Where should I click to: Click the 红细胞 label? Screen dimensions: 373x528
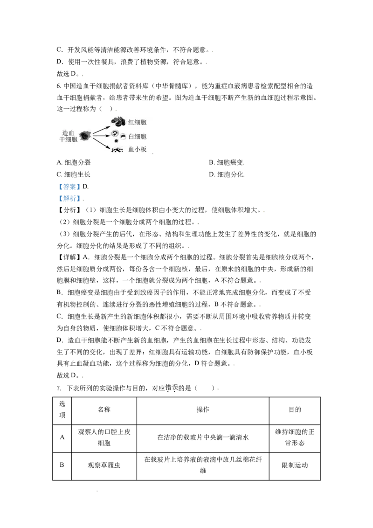(x=137, y=122)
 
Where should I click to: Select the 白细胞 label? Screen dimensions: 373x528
(x=137, y=137)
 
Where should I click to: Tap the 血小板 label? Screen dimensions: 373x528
(x=137, y=150)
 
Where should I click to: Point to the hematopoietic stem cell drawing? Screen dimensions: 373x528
(x=85, y=136)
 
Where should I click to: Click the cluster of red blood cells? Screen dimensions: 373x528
(x=118, y=122)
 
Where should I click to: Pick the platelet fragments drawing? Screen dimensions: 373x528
(x=117, y=150)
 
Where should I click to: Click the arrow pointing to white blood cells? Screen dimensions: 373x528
(x=101, y=136)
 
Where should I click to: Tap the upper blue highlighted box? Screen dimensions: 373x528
(x=69, y=187)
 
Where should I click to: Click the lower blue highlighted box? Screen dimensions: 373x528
(x=69, y=198)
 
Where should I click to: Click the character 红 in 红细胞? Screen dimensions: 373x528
(x=131, y=122)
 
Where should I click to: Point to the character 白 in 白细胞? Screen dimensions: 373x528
(x=131, y=137)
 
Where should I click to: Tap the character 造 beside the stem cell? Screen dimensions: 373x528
(x=65, y=133)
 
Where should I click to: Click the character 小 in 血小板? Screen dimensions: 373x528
(x=137, y=150)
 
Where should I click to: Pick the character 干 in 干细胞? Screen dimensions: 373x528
(x=62, y=139)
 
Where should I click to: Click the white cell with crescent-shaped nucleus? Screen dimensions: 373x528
(x=123, y=136)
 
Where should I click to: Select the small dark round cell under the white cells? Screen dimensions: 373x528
(x=116, y=140)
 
